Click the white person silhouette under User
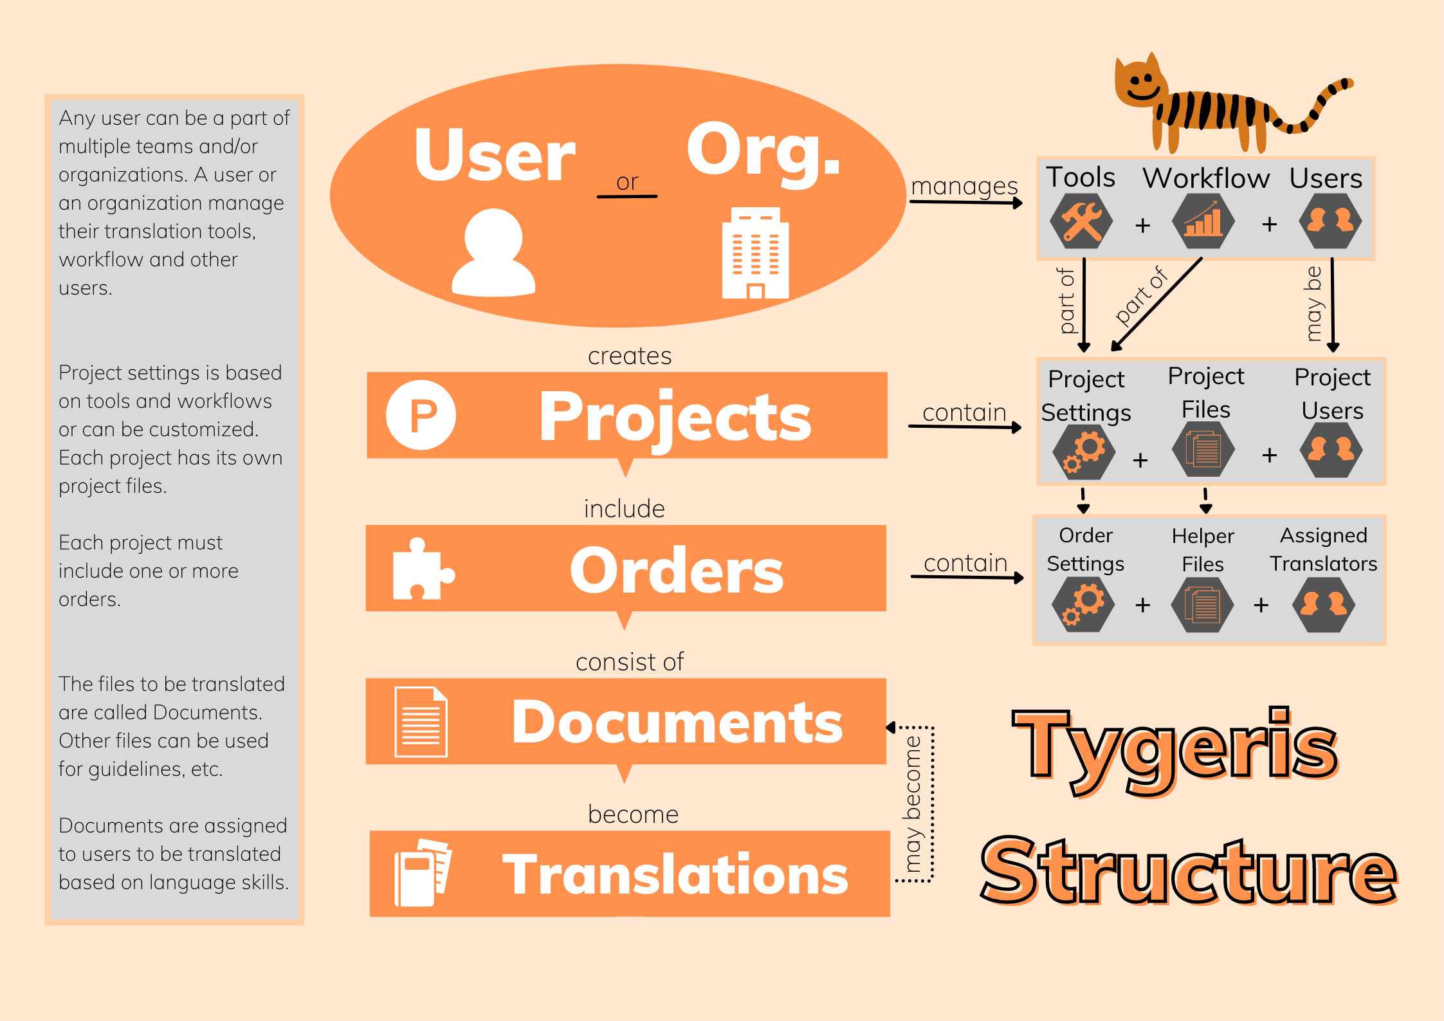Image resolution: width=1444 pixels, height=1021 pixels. [x=493, y=252]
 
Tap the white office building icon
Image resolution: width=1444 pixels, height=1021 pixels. [x=755, y=253]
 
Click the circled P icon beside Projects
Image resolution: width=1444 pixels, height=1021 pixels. [x=421, y=415]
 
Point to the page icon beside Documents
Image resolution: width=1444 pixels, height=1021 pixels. [x=421, y=722]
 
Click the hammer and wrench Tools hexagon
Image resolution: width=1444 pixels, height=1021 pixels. [x=1081, y=221]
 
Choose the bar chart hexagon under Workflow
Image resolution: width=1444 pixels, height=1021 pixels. [x=1203, y=221]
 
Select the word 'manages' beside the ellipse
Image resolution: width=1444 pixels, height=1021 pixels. [x=964, y=186]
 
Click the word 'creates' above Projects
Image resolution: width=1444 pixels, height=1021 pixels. [x=630, y=356]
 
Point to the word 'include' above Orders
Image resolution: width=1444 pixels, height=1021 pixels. [x=624, y=509]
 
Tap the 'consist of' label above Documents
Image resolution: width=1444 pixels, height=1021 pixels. [x=630, y=662]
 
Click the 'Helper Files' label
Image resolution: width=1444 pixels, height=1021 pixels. [x=1203, y=550]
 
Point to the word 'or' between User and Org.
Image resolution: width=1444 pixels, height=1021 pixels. [x=627, y=182]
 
